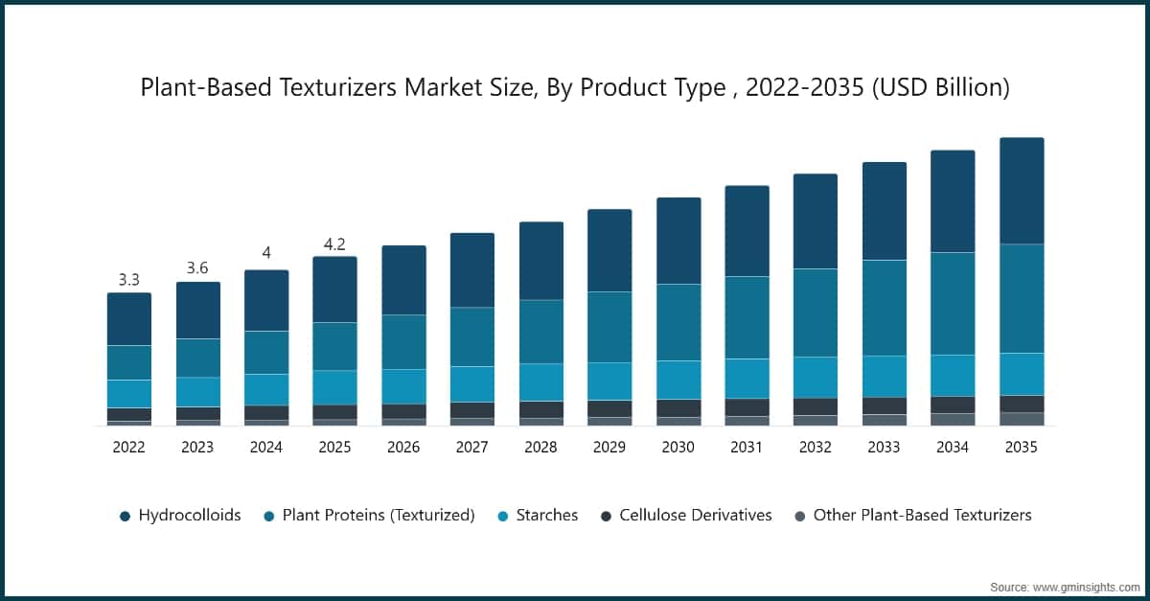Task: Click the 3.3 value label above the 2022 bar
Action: pyautogui.click(x=128, y=280)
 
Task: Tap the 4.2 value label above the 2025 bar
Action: pyautogui.click(x=334, y=243)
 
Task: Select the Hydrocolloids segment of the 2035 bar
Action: pyautogui.click(x=1021, y=191)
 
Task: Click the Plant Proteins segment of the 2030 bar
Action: pyautogui.click(x=678, y=322)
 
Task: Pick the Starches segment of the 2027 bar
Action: pyautogui.click(x=471, y=383)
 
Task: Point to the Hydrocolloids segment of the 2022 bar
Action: pyautogui.click(x=128, y=318)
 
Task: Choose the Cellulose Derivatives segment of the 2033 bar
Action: pyautogui.click(x=885, y=405)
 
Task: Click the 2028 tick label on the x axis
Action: pyautogui.click(x=540, y=447)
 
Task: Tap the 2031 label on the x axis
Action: pyautogui.click(x=747, y=447)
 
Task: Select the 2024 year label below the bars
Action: pyautogui.click(x=265, y=447)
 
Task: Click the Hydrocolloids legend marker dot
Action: pyautogui.click(x=125, y=516)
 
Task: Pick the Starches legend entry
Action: pyautogui.click(x=546, y=515)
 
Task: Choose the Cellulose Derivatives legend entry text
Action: pyautogui.click(x=695, y=515)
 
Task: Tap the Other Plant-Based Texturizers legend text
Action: pyautogui.click(x=922, y=515)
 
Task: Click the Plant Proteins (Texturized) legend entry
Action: pyautogui.click(x=378, y=515)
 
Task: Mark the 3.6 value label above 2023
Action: pyautogui.click(x=197, y=268)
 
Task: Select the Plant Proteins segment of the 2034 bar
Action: pyautogui.click(x=953, y=303)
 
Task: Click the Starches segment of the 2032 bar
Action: pyautogui.click(x=815, y=377)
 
